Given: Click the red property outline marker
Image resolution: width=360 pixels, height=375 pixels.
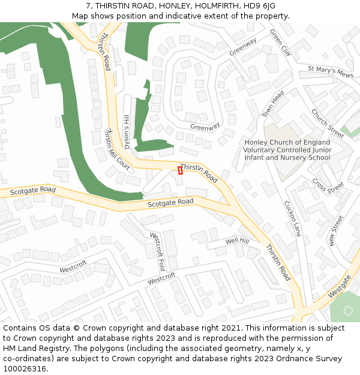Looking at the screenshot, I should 180,170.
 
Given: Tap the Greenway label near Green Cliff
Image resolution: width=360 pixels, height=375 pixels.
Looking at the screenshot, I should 242,47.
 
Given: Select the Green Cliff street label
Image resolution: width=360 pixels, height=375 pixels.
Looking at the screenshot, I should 280,43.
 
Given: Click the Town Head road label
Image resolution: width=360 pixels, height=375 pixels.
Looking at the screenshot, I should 273,104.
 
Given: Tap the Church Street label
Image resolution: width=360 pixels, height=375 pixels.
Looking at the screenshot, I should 327,123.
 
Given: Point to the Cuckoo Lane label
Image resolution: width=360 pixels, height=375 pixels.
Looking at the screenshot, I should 292,218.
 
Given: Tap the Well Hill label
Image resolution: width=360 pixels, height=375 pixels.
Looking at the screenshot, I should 237,241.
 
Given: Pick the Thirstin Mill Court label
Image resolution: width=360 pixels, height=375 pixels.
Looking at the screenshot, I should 116,147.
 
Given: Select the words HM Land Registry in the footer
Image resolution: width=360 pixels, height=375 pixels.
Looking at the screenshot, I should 37,348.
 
